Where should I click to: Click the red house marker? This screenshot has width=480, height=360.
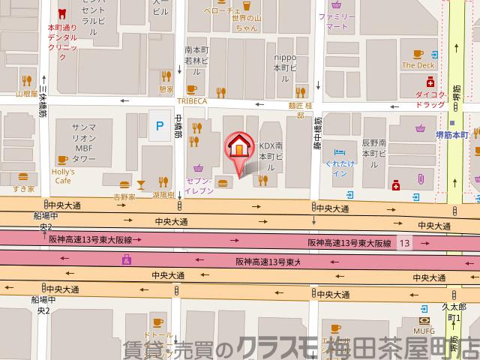point(238,145)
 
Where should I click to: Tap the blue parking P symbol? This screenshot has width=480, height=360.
point(158,126)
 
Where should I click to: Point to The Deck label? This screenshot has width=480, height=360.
point(418,65)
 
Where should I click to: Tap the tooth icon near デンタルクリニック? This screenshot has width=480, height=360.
point(62,13)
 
